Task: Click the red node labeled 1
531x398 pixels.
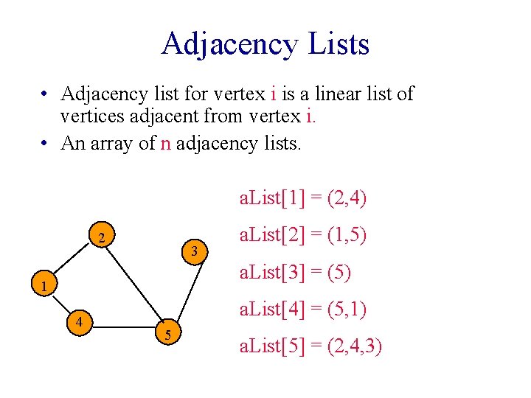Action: [x=44, y=285]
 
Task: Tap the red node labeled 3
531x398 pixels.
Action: [x=194, y=251]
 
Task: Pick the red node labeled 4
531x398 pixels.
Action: [x=77, y=321]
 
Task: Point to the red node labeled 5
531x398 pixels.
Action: [x=168, y=335]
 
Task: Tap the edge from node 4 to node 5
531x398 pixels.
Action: [x=122, y=328]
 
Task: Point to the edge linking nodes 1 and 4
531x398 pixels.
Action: [x=60, y=303]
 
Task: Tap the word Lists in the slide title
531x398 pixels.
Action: [x=340, y=43]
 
